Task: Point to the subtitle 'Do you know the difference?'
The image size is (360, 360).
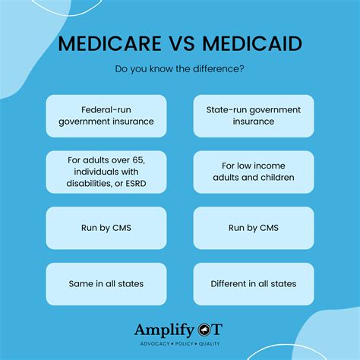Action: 180,70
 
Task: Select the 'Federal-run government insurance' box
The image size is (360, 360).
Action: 106,115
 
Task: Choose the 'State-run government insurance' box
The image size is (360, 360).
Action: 254,115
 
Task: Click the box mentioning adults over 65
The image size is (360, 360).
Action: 106,172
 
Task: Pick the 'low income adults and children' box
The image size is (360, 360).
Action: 254,172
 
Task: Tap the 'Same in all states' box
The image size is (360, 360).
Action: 106,284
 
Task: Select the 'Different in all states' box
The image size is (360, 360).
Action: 254,284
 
